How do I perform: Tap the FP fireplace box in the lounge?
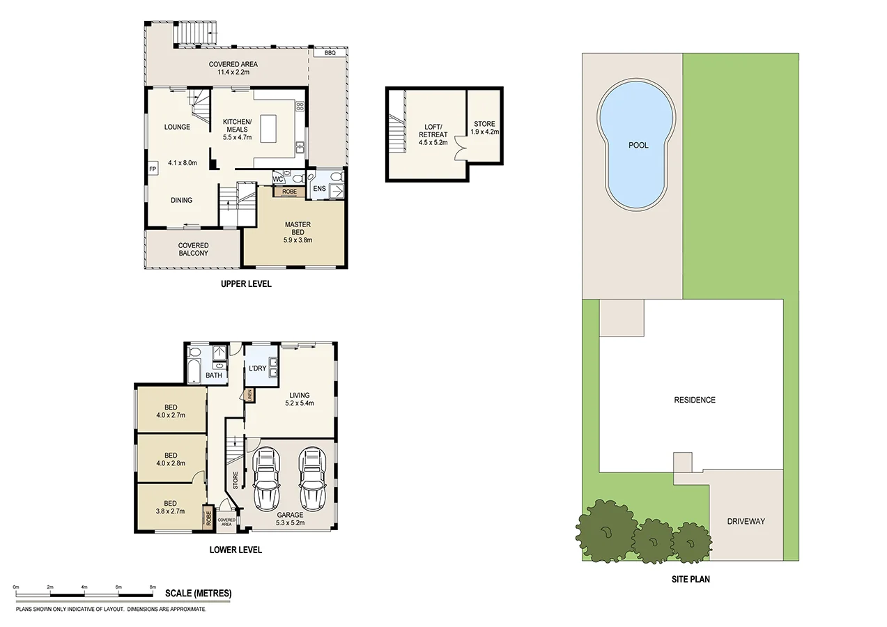click(152, 169)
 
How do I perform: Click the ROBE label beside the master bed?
click(289, 192)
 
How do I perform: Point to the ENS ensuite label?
click(320, 188)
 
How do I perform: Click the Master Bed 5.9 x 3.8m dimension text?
click(298, 240)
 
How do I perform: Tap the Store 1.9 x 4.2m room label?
click(484, 132)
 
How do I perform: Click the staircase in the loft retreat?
click(398, 134)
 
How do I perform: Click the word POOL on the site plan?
click(638, 146)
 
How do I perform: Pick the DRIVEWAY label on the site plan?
click(746, 521)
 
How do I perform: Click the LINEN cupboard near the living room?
click(249, 396)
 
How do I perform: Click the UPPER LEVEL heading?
click(245, 284)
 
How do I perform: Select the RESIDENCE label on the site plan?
click(694, 400)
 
